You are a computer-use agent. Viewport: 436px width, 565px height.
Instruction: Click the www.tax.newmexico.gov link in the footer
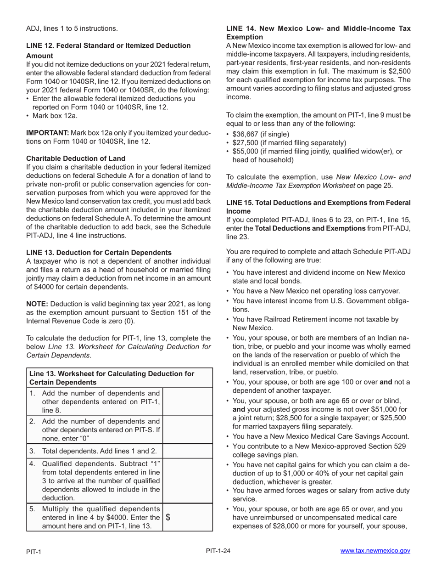(375, 551)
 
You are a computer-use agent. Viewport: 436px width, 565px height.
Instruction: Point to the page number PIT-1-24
(218, 551)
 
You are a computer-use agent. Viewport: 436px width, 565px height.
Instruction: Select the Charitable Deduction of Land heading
(76, 158)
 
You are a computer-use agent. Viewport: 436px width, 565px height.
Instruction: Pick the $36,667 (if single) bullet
(261, 134)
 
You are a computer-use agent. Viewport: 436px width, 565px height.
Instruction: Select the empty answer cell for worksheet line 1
(188, 401)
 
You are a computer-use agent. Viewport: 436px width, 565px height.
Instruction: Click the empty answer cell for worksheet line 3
(188, 451)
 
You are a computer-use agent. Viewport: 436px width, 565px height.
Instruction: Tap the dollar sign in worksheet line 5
(168, 517)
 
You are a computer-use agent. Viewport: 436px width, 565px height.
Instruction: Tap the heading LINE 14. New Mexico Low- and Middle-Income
(318, 33)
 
